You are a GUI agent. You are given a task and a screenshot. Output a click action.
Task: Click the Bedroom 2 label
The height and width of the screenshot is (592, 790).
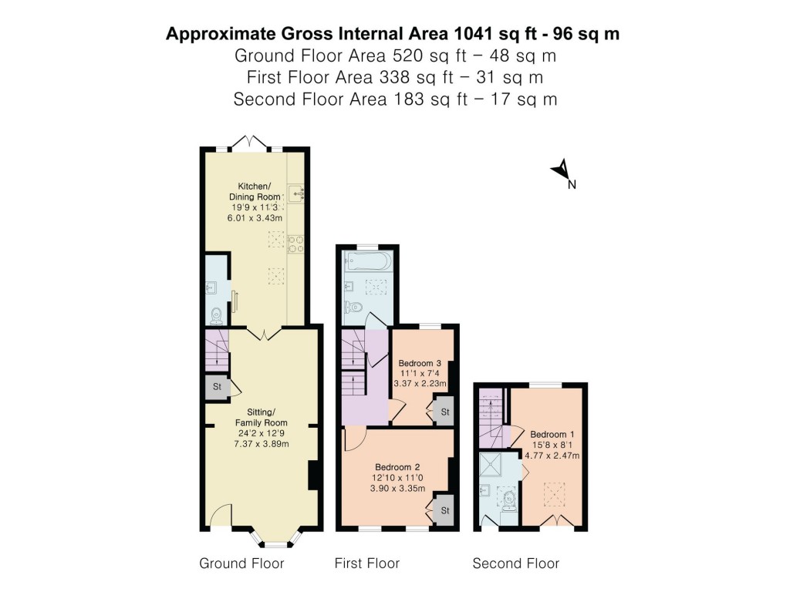397,478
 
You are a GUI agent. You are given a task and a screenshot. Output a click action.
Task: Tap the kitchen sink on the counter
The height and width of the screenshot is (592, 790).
296,192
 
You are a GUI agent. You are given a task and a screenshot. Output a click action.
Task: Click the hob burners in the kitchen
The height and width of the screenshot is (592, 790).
295,244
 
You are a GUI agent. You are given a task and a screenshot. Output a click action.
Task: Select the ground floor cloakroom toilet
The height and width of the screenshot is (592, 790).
217,315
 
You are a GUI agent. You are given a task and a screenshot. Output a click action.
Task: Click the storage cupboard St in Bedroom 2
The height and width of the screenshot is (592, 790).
444,511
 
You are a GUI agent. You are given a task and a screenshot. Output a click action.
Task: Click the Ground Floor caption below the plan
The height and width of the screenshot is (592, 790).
241,563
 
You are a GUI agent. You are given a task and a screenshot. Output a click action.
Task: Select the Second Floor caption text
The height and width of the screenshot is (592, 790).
515,563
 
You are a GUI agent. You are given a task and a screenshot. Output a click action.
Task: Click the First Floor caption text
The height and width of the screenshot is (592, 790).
366,563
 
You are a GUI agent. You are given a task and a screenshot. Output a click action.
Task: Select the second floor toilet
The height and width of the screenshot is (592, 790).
509,503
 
